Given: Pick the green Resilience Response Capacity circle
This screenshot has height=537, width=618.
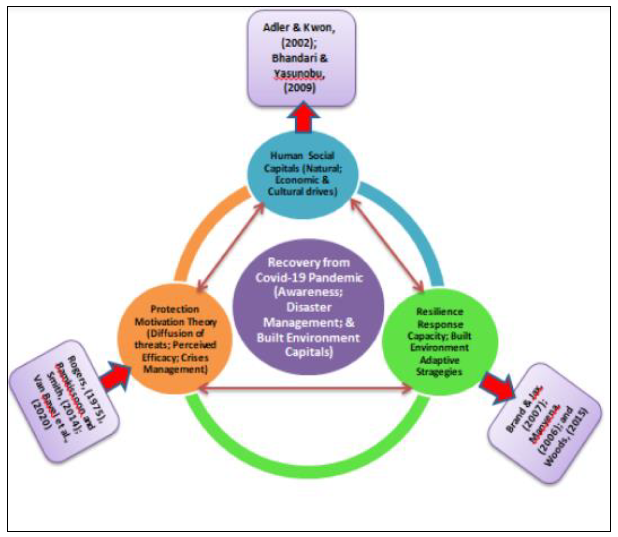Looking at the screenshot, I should point(440,342).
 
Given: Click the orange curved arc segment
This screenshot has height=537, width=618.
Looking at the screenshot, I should point(204,231).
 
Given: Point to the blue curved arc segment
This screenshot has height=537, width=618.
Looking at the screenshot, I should point(411,228).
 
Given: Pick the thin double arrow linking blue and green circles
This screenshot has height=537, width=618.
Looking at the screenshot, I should point(387,246).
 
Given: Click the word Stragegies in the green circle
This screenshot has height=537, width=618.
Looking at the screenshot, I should point(439,372).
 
